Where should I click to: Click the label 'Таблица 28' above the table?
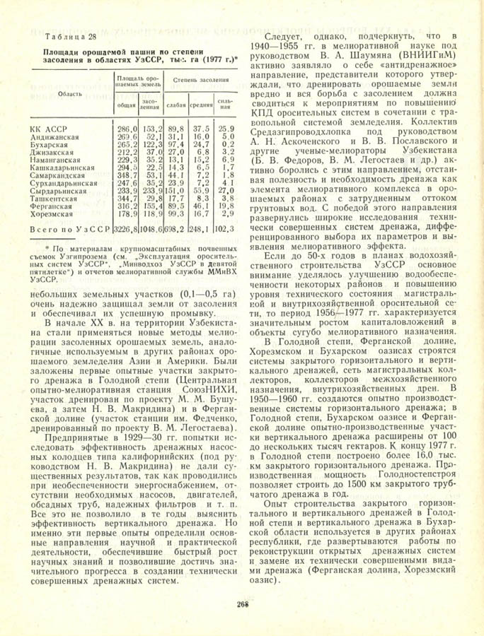69,37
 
